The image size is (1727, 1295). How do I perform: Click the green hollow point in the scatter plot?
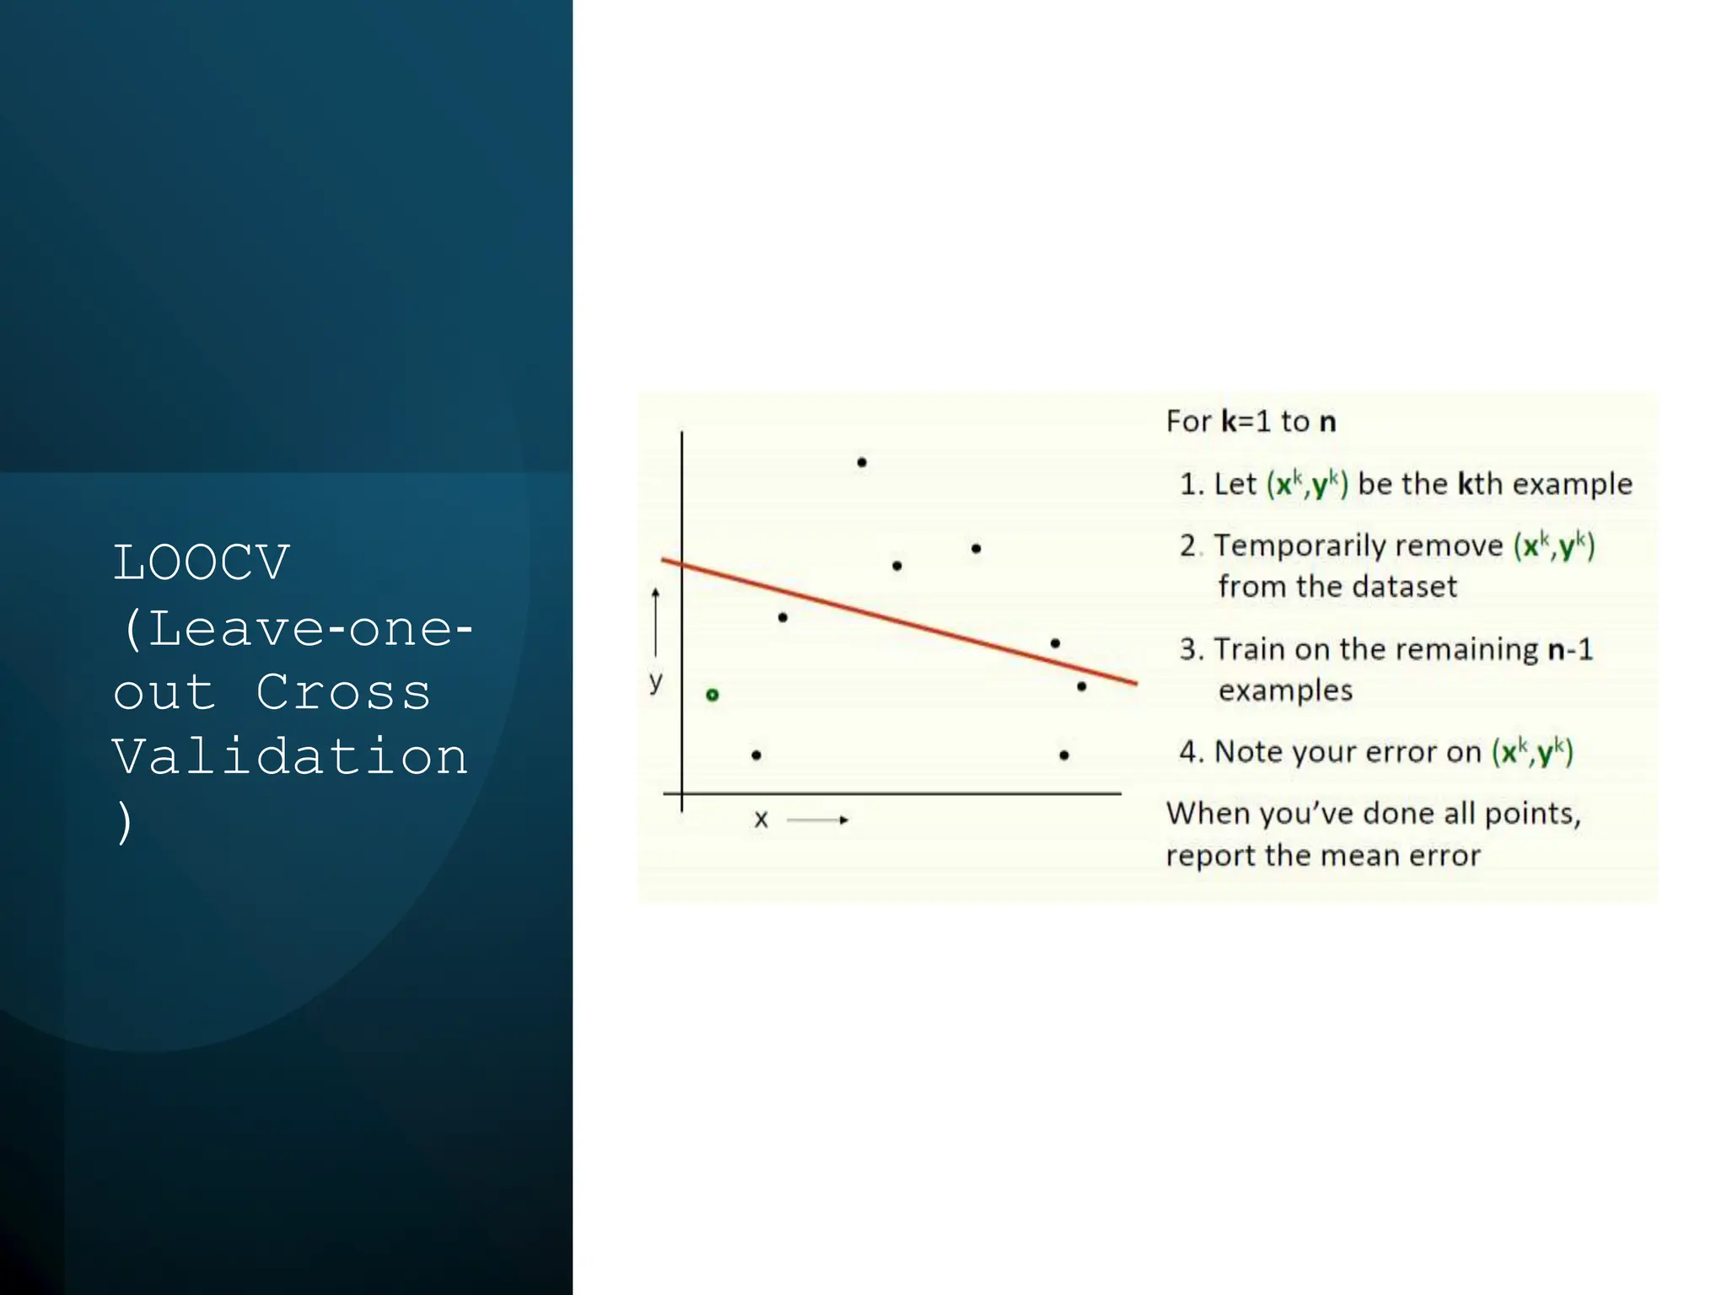pos(713,695)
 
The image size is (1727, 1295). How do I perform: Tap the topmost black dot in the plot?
pos(862,462)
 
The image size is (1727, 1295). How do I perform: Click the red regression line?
pos(899,621)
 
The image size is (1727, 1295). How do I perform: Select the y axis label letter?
pos(656,681)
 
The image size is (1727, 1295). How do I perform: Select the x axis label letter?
pos(761,819)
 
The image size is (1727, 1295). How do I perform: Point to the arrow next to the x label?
pos(817,819)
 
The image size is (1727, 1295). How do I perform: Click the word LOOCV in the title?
pos(202,563)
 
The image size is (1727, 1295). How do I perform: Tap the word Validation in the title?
pos(290,756)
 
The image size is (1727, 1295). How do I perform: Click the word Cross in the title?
pos(343,692)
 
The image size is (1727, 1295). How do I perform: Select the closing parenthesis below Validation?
pos(125,822)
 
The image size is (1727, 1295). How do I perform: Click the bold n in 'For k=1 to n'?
pos(1327,422)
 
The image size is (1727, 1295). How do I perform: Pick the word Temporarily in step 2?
pos(1358,545)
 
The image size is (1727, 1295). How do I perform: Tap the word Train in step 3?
pos(1249,649)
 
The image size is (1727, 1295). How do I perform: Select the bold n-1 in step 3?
pos(1570,649)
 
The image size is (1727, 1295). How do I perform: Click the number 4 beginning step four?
pos(1189,751)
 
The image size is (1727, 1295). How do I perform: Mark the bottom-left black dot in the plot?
pos(756,755)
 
